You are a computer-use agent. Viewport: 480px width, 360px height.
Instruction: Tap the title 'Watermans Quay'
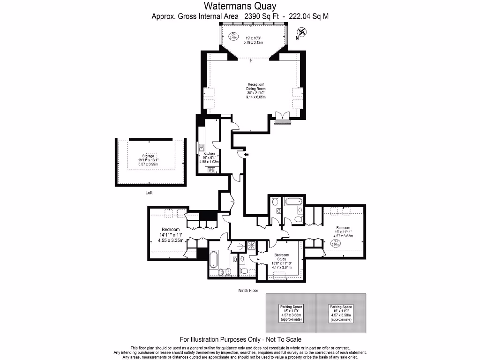[240, 6]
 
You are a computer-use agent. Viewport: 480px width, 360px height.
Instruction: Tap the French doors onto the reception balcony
[283, 117]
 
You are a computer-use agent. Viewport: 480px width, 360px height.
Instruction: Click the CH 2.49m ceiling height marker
[233, 36]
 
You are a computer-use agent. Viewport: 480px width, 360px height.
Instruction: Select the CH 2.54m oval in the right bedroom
[336, 243]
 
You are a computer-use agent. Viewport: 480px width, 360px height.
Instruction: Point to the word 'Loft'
[149, 193]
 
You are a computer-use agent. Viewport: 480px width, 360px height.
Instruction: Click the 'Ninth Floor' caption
[248, 291]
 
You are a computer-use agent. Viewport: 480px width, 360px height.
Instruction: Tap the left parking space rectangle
[291, 313]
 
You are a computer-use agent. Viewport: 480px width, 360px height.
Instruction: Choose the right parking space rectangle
[341, 313]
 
